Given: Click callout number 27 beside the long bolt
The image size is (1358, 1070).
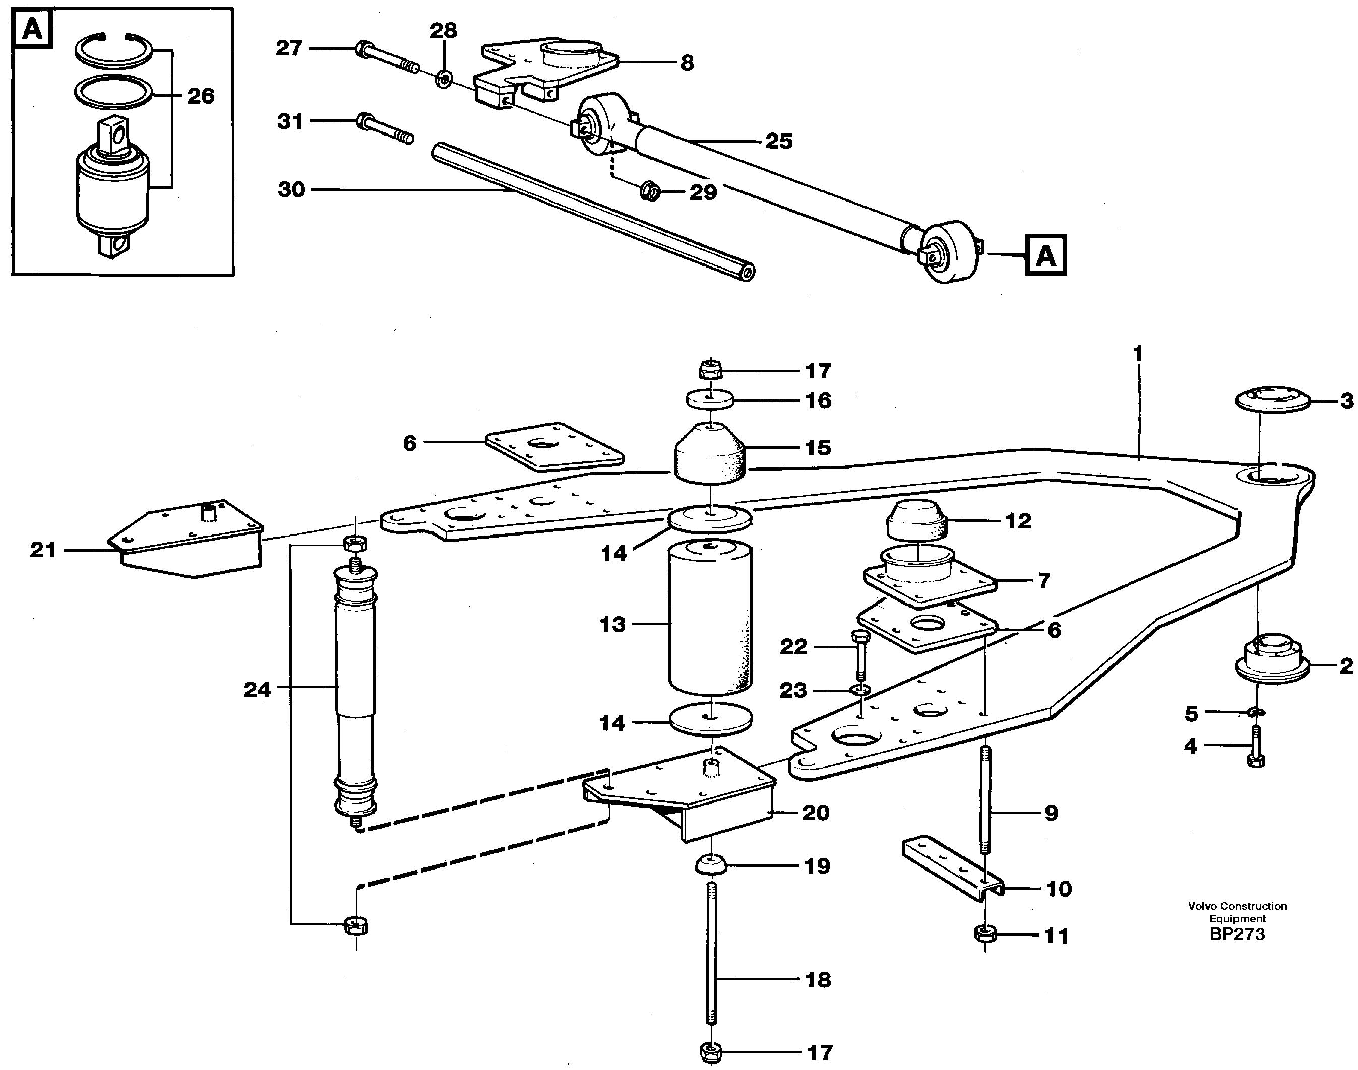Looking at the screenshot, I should coord(289,48).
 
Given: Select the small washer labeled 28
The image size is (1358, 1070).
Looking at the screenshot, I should coord(444,80).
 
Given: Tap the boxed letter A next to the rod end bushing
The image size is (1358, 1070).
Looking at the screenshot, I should coord(1045,255).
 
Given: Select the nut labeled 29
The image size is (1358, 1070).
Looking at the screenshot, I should coord(650,191).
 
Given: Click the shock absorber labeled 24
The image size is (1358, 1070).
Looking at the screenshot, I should coord(355,689).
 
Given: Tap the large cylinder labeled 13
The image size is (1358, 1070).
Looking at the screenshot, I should coord(710,617).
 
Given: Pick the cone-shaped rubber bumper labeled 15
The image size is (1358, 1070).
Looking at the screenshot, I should coord(710,454).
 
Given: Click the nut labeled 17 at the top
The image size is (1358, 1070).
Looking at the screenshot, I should coord(710,370).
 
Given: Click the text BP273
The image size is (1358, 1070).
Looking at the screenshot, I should coord(1237,934).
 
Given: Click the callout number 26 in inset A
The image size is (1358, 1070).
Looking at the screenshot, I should coord(201,96).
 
